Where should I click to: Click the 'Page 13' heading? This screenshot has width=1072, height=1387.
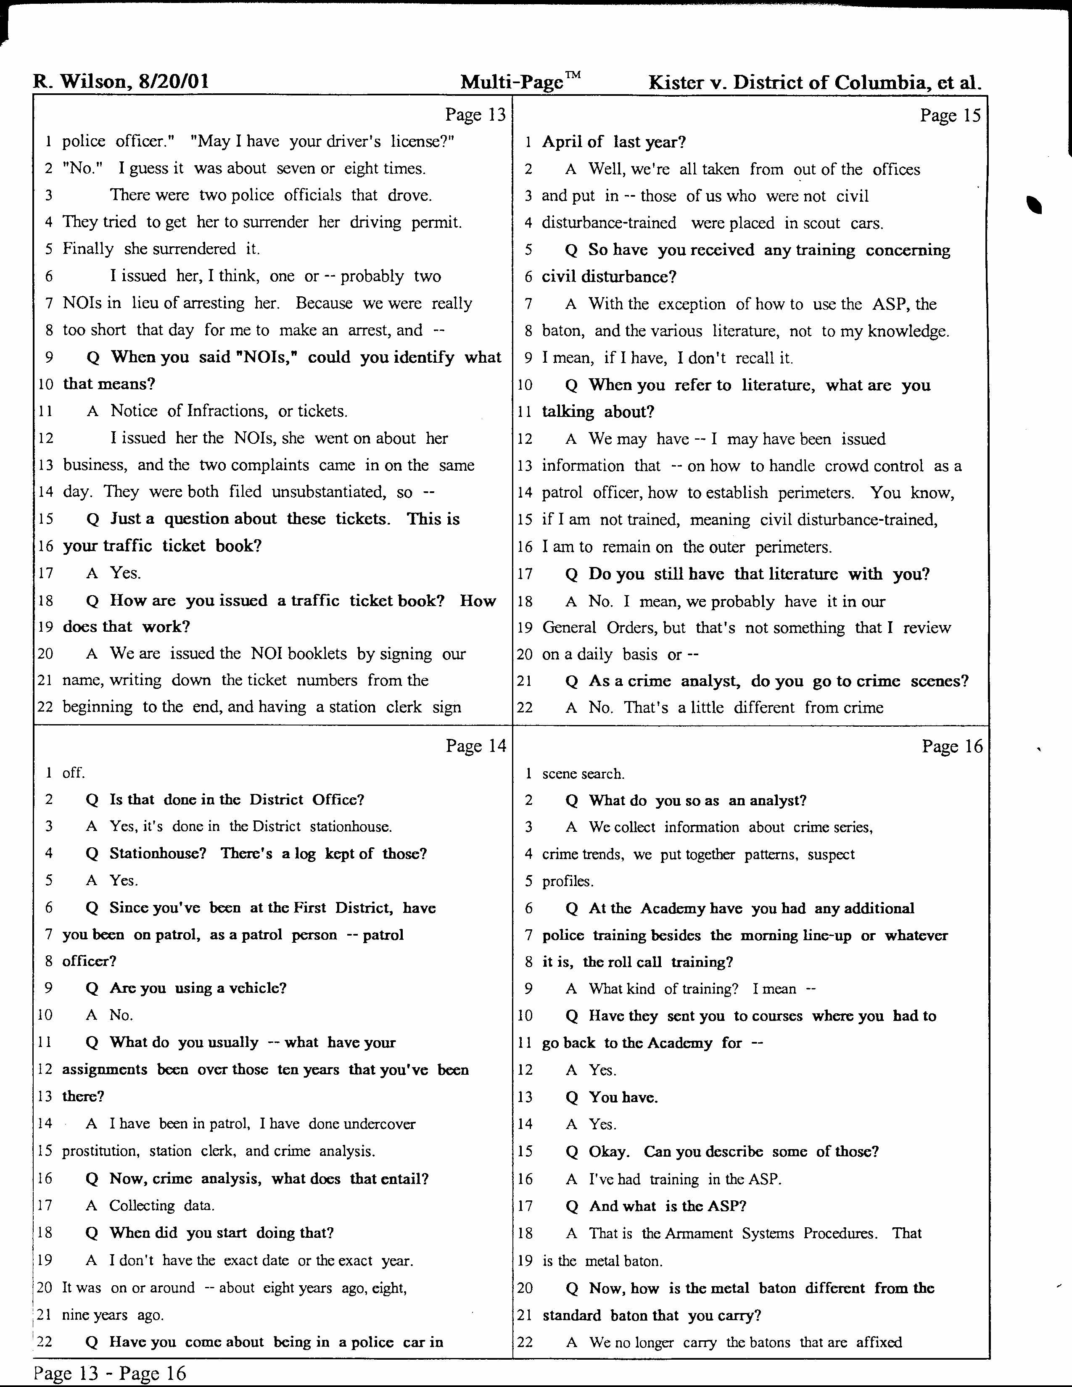point(475,115)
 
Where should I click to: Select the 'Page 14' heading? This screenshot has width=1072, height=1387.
point(475,746)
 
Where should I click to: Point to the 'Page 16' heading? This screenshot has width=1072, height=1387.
point(952,746)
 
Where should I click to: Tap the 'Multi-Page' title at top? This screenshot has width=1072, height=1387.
point(512,82)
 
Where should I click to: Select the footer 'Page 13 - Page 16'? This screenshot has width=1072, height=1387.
point(109,1373)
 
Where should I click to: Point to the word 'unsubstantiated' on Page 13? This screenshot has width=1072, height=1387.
point(335,492)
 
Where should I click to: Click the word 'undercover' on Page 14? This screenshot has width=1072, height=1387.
point(379,1123)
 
